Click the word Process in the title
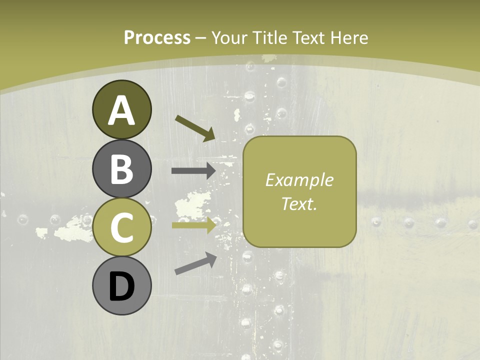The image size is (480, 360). click(x=157, y=38)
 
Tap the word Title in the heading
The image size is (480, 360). click(x=269, y=38)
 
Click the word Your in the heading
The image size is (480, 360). click(x=229, y=38)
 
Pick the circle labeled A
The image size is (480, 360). click(x=121, y=109)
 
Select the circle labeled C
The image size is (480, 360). click(x=121, y=227)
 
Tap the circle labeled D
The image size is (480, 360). click(x=121, y=286)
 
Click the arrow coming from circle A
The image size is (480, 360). click(x=195, y=128)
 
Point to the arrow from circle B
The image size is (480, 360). click(x=193, y=171)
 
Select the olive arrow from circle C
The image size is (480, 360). click(x=193, y=225)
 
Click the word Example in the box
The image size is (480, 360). click(x=299, y=180)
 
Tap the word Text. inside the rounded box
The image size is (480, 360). click(x=299, y=203)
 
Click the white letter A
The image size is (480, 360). click(x=121, y=110)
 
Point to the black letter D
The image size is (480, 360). click(x=121, y=286)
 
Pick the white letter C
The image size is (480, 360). click(x=121, y=228)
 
